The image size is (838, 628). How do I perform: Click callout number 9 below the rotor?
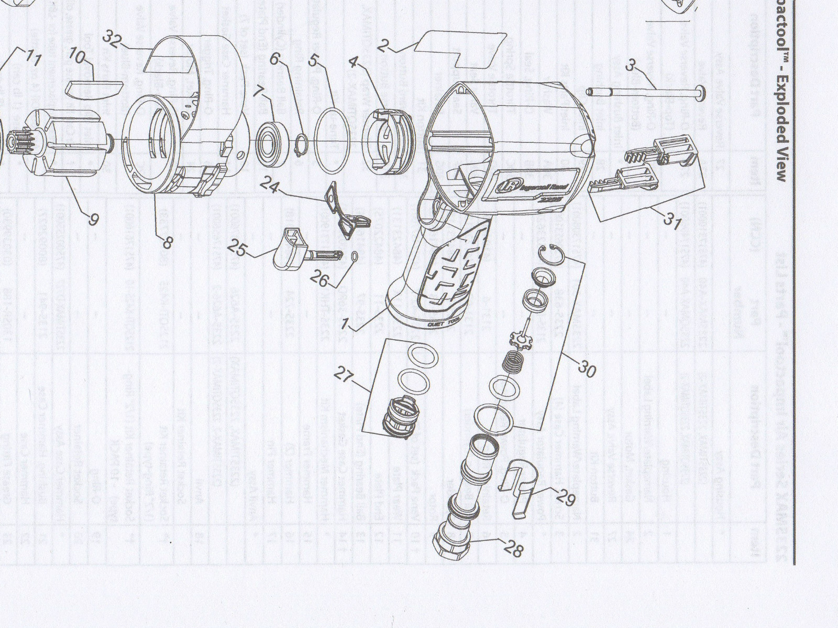click(x=93, y=219)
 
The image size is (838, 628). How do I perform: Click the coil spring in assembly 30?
click(x=514, y=362)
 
